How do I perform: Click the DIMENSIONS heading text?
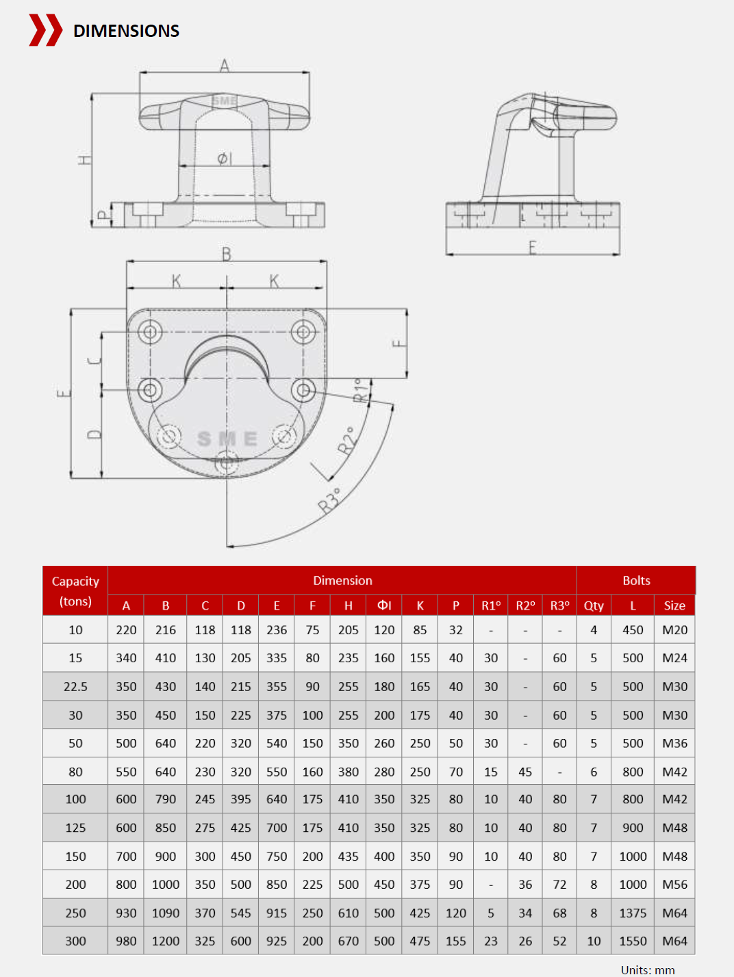126,31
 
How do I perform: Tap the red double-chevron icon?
45,30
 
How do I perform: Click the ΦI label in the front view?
225,159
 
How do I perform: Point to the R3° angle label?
329,500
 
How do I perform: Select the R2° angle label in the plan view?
347,440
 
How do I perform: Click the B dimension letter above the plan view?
227,254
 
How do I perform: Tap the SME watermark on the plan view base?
227,439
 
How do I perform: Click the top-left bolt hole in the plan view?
150,332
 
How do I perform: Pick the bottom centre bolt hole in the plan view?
226,463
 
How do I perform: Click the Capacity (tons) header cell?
75,590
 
